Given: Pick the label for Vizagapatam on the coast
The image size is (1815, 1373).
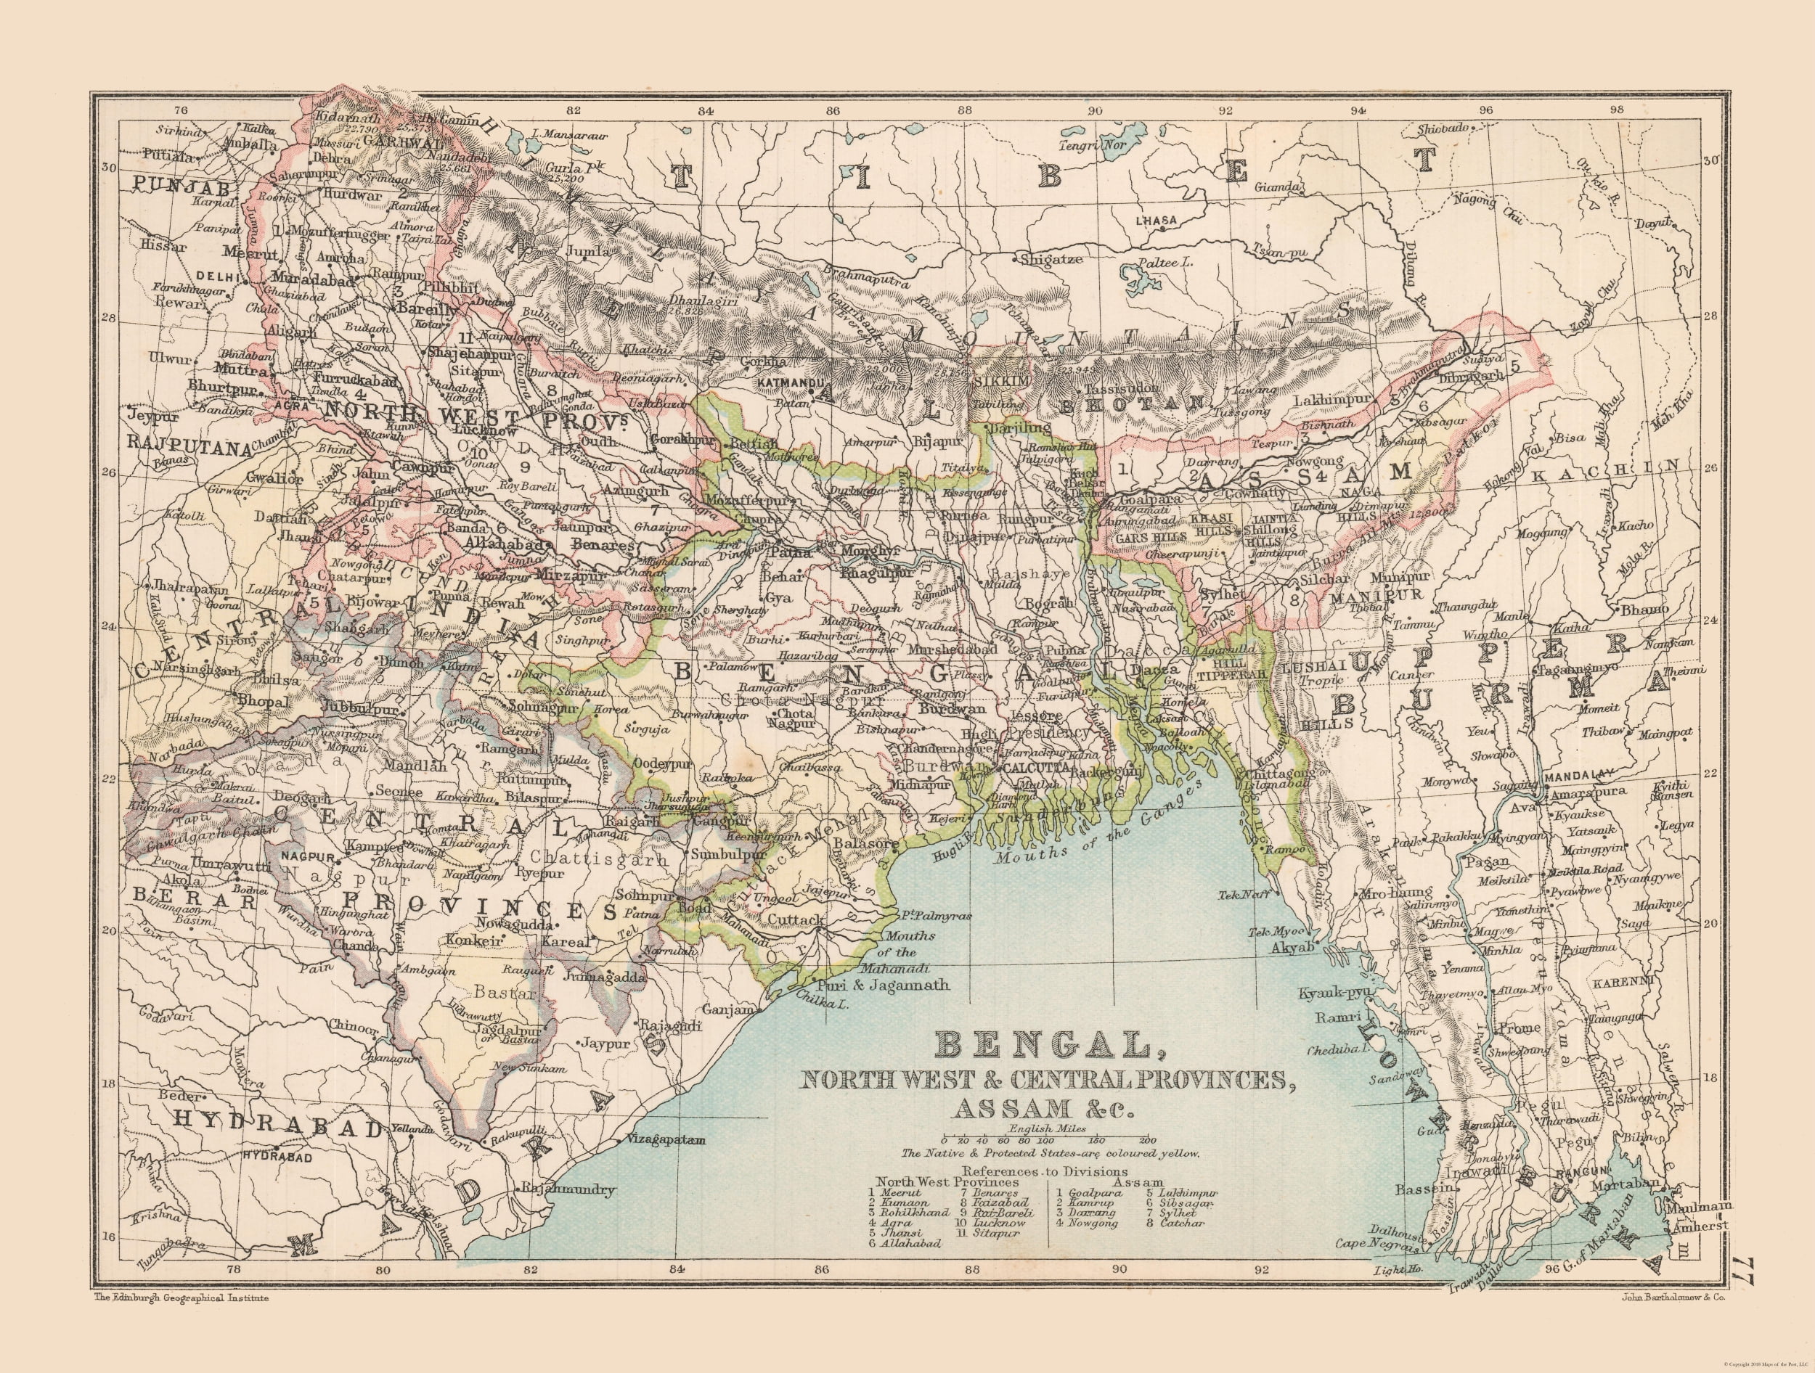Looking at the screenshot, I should (x=666, y=1139).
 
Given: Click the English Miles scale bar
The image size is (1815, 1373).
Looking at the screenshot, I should (x=1045, y=1140).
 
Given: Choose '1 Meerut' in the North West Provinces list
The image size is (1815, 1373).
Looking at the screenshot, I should (x=896, y=1192).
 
